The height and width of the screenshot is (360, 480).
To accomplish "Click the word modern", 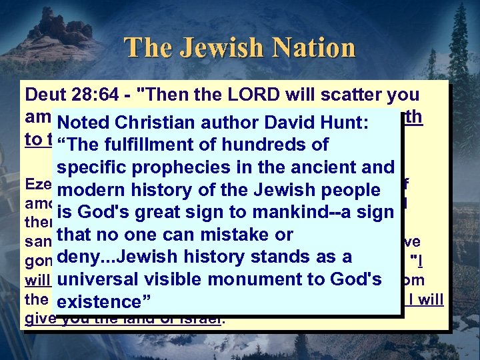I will tap(91, 190).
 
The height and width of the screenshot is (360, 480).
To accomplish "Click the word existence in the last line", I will tap(101, 303).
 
